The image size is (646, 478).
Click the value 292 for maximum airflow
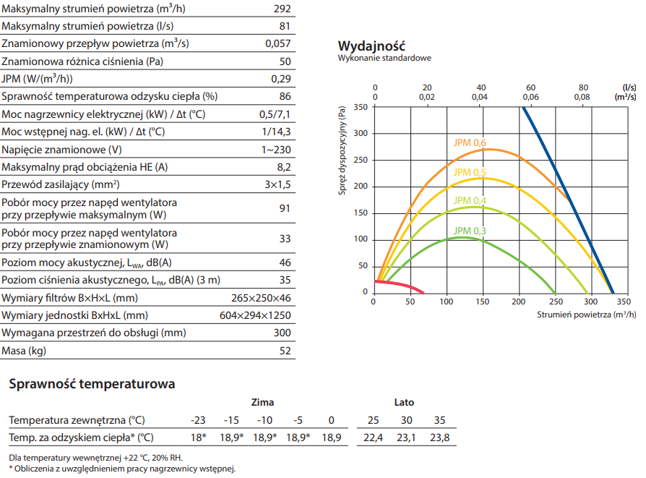tap(283, 9)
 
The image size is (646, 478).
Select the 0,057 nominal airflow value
tap(278, 43)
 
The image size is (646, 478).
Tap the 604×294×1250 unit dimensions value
tap(255, 315)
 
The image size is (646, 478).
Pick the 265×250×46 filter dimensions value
tap(261, 298)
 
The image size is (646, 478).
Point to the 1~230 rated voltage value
tap(276, 149)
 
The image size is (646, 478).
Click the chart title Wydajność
tap(371, 46)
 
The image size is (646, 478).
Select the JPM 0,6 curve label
tap(470, 142)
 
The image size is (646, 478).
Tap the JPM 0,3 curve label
tap(470, 231)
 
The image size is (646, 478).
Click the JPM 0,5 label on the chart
tap(470, 171)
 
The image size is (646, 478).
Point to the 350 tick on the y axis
tap(361, 107)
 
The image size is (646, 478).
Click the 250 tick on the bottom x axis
tap(554, 301)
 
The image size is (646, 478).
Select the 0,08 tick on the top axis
tap(582, 97)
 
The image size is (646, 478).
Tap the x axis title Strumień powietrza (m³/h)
tap(587, 315)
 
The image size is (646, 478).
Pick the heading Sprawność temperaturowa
tap(92, 384)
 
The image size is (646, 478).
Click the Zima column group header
tap(262, 402)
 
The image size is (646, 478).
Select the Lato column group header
tap(404, 402)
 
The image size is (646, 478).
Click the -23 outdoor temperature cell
tap(197, 420)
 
